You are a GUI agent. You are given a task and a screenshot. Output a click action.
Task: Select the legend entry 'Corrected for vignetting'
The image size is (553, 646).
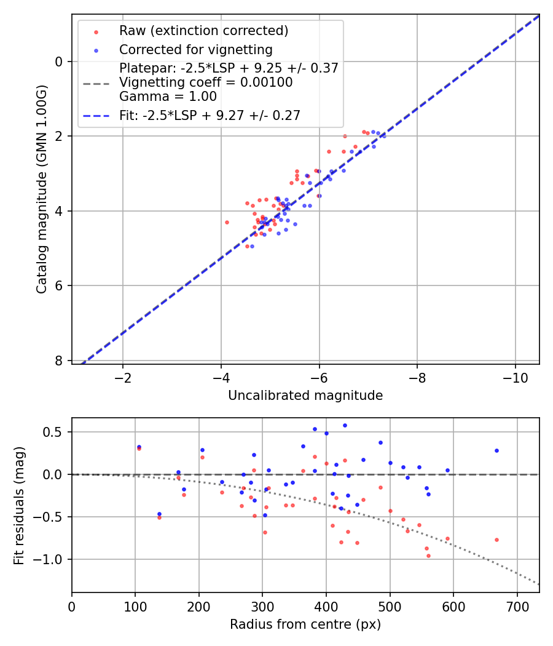[195, 49]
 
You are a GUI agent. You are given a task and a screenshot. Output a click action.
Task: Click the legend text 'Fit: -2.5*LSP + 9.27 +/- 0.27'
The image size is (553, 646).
[210, 115]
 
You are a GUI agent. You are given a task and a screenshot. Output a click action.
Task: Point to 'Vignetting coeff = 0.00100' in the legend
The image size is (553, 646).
[206, 82]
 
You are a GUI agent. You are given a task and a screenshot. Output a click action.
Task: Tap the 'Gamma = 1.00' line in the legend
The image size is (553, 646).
[168, 97]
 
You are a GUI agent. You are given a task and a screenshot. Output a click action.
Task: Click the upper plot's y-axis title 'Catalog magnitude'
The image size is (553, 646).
[41, 189]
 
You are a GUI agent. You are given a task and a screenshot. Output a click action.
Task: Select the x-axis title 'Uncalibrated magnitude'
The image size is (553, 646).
[305, 396]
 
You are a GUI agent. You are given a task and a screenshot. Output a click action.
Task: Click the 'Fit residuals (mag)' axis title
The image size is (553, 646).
[19, 505]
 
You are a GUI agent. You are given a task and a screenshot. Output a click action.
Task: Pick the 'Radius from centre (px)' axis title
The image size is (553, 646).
[305, 624]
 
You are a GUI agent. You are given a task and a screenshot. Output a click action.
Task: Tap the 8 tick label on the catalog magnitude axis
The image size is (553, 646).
[59, 361]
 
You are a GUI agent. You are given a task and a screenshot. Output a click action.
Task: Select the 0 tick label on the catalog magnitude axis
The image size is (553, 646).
[59, 62]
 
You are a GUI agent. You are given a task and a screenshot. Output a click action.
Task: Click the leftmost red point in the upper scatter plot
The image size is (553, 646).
[227, 222]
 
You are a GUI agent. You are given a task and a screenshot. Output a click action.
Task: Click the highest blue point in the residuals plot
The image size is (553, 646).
[345, 425]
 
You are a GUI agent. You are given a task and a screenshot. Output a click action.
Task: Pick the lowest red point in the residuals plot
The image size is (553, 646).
[428, 556]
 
